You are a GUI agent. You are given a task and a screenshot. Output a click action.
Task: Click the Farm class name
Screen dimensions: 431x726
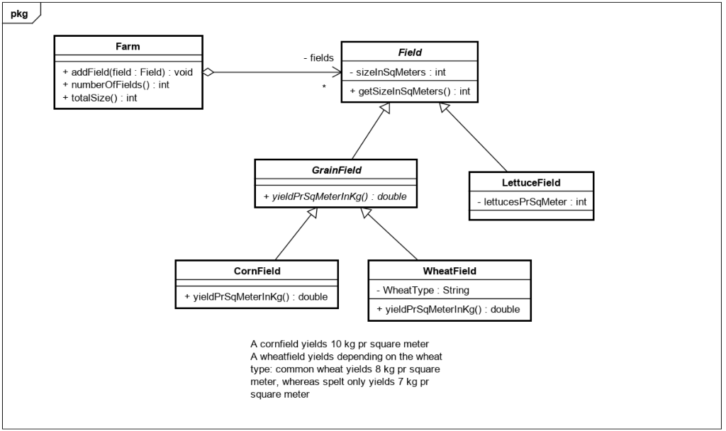[x=128, y=47]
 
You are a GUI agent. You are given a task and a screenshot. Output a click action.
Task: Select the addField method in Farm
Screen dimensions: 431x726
[x=127, y=72]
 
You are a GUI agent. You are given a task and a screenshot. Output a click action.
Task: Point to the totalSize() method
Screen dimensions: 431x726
[x=100, y=98]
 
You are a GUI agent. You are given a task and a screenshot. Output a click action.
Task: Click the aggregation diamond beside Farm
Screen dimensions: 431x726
[x=208, y=72]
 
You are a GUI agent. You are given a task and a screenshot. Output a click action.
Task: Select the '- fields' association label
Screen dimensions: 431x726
[x=318, y=58]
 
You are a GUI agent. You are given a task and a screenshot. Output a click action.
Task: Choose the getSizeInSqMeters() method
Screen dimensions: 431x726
[x=410, y=91]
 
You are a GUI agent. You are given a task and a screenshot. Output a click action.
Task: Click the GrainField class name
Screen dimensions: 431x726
[x=335, y=171]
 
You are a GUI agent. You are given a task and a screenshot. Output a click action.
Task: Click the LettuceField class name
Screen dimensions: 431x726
[x=531, y=182]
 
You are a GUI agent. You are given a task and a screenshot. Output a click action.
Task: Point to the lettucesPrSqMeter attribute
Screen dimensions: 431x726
[x=532, y=201]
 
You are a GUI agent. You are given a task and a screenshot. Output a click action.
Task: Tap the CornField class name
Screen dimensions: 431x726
[x=256, y=271]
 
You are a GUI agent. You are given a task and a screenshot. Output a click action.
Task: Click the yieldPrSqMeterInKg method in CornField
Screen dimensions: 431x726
[x=256, y=296]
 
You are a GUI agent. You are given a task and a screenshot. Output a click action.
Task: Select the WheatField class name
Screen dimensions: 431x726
[x=449, y=271]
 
